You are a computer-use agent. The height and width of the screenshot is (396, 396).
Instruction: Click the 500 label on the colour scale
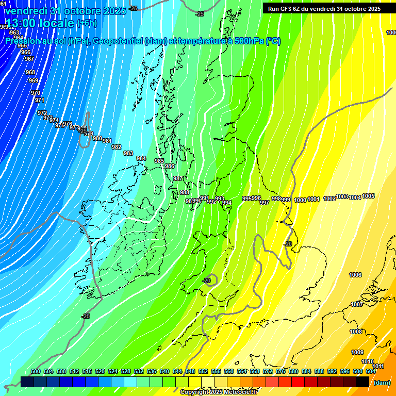pyautogui.click(x=36, y=371)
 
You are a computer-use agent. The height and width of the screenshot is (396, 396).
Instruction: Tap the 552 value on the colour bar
pyautogui.click(x=203, y=371)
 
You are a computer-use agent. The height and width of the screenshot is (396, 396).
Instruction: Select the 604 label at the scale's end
pyautogui.click(x=371, y=371)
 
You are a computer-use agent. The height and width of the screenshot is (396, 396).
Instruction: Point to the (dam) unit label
pyautogui.click(x=382, y=383)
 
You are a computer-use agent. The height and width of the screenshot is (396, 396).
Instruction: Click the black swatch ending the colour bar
pyautogui.click(x=362, y=382)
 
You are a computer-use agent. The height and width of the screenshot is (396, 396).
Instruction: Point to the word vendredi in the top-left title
pyautogui.click(x=26, y=11)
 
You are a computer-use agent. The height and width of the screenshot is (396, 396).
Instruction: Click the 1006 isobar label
pyautogui.click(x=355, y=275)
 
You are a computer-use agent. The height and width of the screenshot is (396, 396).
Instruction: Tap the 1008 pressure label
pyautogui.click(x=356, y=332)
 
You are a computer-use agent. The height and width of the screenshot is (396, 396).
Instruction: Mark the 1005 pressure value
pyautogui.click(x=368, y=196)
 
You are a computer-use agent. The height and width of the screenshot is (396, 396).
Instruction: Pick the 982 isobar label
pyautogui.click(x=117, y=147)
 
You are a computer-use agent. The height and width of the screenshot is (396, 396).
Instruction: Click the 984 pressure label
pyautogui.click(x=141, y=158)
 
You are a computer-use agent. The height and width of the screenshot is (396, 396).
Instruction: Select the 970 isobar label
pyautogui.click(x=36, y=93)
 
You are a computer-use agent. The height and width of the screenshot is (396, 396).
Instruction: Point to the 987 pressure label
pyautogui.click(x=177, y=178)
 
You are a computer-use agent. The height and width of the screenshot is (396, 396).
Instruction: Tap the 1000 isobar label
pyautogui.click(x=300, y=200)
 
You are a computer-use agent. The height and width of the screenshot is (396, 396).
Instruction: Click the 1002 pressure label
pyautogui.click(x=329, y=199)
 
